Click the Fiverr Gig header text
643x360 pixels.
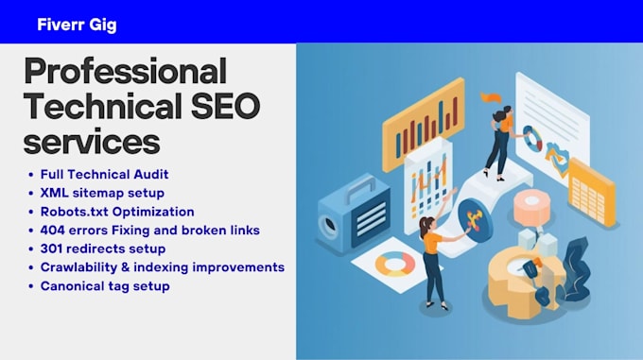coord(77,25)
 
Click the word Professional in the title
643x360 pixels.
coord(126,71)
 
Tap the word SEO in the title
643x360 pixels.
coord(226,106)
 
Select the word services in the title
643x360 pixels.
coord(92,142)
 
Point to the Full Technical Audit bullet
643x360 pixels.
coord(104,175)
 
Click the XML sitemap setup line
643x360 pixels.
coord(102,193)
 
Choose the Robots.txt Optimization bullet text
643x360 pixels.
coord(117,212)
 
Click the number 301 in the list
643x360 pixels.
coord(51,249)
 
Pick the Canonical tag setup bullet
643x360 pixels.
coord(105,286)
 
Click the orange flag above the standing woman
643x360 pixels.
coord(492,98)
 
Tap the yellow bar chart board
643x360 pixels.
coord(424,124)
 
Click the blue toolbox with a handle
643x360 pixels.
coord(355,214)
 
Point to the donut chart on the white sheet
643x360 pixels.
coord(394,265)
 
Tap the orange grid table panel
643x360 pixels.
coord(591,193)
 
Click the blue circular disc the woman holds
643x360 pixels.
coord(476,218)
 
